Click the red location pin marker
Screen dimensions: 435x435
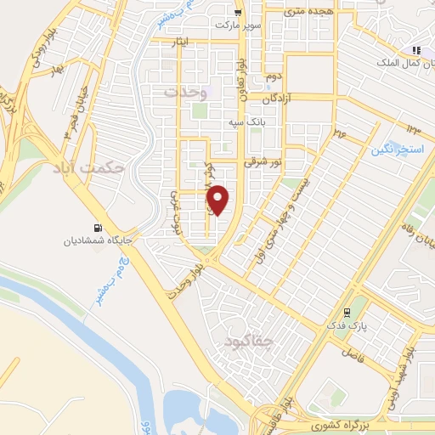(x=218, y=199)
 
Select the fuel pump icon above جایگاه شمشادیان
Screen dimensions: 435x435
(x=96, y=227)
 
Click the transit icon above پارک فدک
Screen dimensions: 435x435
(x=346, y=312)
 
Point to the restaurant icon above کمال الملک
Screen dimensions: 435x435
(x=416, y=50)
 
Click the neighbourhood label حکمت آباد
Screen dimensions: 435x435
(x=111, y=168)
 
